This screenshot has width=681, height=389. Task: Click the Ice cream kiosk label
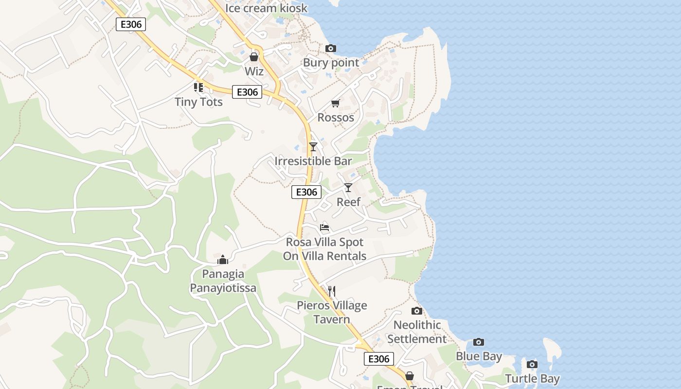[x=266, y=8]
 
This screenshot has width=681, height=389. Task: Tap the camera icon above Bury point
[x=331, y=48]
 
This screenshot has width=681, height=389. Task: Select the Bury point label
[x=331, y=63]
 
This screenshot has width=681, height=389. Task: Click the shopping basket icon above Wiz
[x=253, y=57]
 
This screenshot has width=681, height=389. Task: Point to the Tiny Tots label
[x=198, y=102]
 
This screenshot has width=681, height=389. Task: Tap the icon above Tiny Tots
[x=198, y=88]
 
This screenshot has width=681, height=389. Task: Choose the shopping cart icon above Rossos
[x=335, y=103]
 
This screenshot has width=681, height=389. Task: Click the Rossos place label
[x=336, y=118]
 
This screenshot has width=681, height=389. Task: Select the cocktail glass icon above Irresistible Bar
[x=313, y=146]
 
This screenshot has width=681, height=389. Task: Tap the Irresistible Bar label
[x=313, y=161]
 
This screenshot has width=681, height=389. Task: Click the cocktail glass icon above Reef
[x=348, y=187]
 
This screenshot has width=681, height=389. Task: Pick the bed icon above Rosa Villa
[x=324, y=227]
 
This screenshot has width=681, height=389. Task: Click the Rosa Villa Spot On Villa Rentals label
[x=324, y=249]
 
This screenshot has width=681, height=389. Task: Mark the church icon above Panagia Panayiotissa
[x=223, y=260]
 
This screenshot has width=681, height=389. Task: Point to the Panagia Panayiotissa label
[x=223, y=281]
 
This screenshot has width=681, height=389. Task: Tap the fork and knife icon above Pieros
[x=332, y=291]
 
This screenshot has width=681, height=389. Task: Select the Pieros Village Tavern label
[x=332, y=312]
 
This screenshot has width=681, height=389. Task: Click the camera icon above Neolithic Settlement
[x=417, y=311]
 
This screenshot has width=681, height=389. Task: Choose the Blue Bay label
[x=479, y=356]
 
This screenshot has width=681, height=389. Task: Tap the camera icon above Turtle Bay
[x=532, y=364]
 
